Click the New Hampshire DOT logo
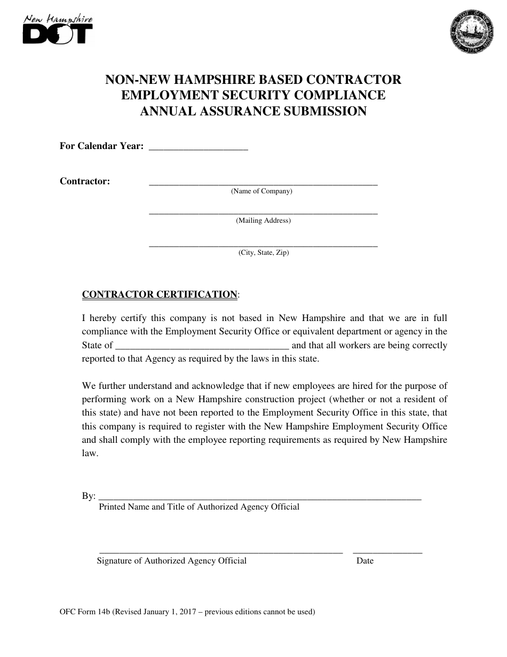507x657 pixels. click(58, 29)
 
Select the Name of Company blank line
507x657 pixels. click(263, 183)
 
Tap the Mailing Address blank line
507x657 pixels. click(263, 213)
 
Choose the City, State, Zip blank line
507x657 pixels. click(263, 246)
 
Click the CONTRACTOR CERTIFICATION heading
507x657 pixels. click(160, 294)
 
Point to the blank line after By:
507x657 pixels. click(260, 498)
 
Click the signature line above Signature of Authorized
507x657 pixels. click(221, 552)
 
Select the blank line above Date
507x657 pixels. click(387, 552)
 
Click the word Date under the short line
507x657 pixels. click(365, 561)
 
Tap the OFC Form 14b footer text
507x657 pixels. click(187, 612)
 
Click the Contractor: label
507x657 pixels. click(85, 181)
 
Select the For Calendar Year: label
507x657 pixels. click(101, 146)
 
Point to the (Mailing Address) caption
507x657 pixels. click(263, 221)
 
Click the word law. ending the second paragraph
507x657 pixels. click(90, 453)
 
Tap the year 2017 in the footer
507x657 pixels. click(190, 612)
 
